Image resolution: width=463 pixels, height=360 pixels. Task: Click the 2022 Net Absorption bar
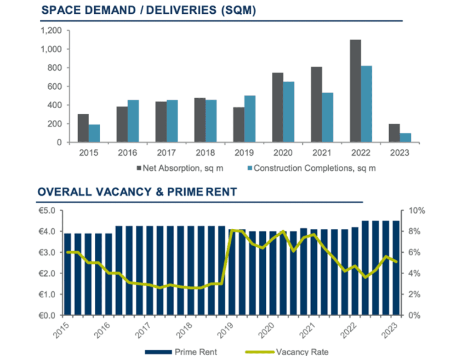[355, 91]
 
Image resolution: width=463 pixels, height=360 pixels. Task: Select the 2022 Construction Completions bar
[367, 104]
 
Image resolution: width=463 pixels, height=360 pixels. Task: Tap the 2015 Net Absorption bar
[83, 128]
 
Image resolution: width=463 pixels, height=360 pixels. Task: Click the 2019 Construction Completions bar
[250, 119]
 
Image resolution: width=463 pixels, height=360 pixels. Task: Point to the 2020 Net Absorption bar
[277, 108]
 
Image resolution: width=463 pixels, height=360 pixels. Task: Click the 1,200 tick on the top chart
[51, 31]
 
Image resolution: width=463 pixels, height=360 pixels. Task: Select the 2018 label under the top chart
[205, 153]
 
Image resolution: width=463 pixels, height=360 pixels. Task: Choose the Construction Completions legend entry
[311, 168]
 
